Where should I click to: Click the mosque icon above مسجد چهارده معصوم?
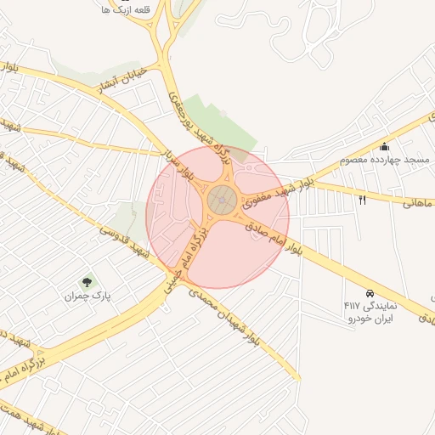pos(385,146)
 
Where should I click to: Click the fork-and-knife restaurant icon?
pos(363,200)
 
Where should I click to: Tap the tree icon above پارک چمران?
pos(86,282)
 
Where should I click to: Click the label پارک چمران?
pos(88,297)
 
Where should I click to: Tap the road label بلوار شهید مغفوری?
pos(281,193)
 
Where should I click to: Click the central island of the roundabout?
pos(222,201)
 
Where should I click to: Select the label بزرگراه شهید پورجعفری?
pos(201,122)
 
